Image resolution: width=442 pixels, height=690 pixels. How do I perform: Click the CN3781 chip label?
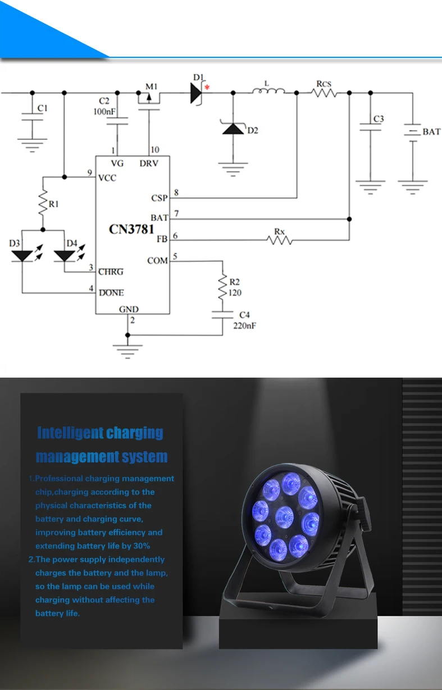131,229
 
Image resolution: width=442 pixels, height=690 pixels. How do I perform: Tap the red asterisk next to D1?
207,87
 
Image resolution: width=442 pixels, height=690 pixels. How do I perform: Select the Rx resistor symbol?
280,240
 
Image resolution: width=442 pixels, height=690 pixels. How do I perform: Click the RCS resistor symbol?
324,93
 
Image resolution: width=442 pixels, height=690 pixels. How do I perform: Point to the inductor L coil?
268,91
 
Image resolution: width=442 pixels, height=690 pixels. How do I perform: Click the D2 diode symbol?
233,129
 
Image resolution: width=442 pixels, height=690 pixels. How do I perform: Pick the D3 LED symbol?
22,256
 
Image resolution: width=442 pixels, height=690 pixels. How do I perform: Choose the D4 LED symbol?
64,256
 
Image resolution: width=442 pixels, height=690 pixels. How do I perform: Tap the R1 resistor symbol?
43,204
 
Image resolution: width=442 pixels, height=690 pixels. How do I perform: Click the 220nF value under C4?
245,325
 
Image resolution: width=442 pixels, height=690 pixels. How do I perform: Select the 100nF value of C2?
104,112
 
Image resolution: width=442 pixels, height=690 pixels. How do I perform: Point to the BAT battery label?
431,132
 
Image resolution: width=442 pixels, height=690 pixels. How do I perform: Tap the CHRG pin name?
111,272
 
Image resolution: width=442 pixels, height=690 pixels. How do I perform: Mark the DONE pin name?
111,293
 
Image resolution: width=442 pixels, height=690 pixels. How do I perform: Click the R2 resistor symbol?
223,288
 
